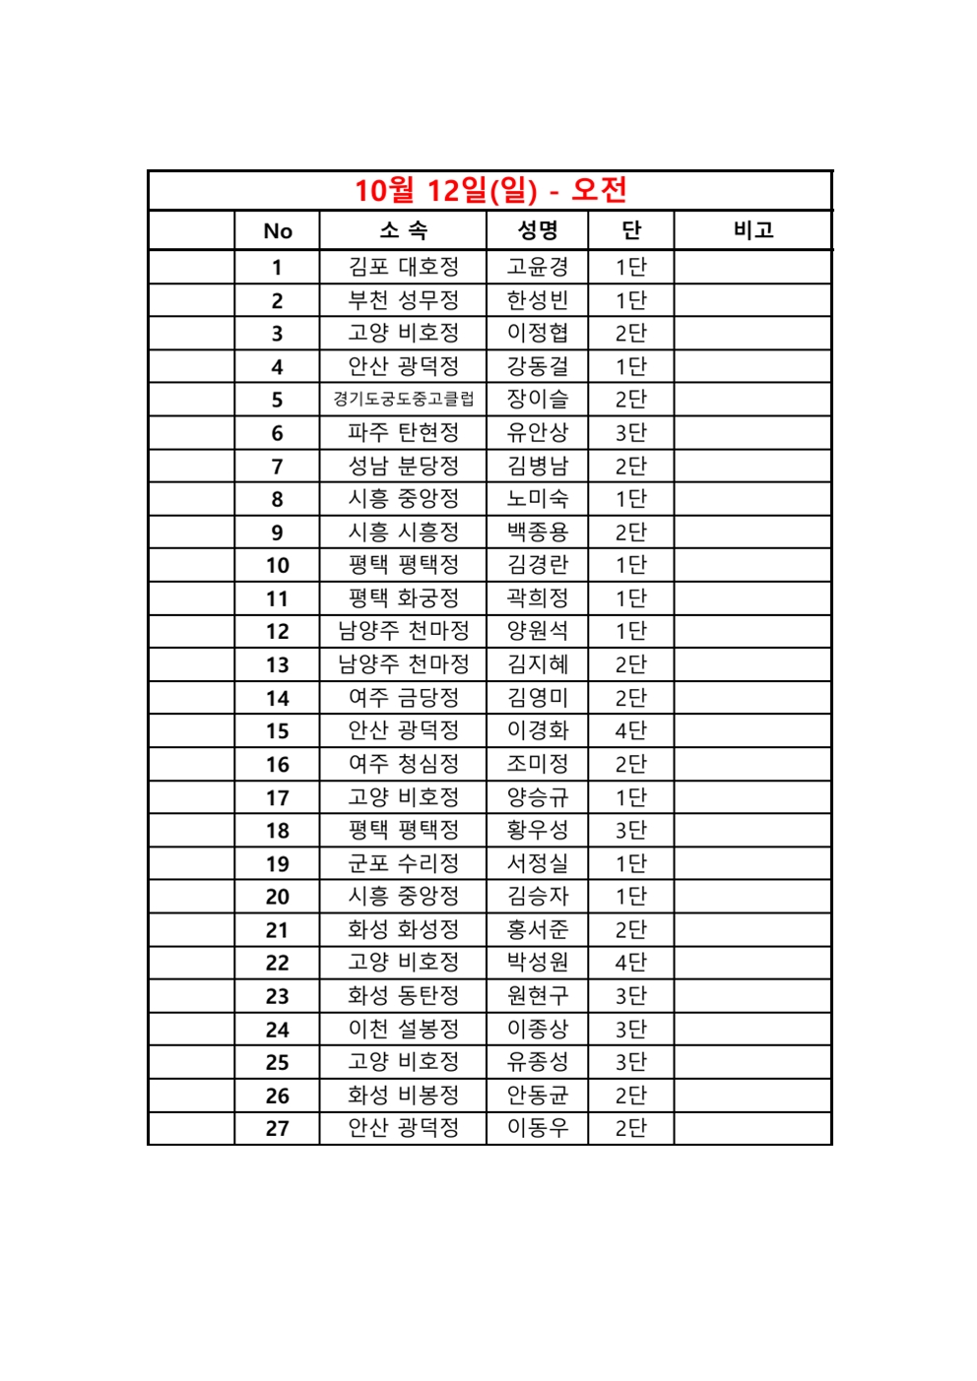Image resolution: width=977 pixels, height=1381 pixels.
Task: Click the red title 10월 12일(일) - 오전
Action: coord(489,190)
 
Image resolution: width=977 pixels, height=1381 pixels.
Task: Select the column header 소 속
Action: coord(403,230)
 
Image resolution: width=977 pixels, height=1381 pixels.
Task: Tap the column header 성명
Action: coord(537,230)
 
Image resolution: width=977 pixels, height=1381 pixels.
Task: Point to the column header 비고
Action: coord(752,230)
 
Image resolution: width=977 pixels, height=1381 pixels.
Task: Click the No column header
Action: coord(277,231)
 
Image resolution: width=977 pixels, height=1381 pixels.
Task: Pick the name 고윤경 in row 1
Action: coord(537,267)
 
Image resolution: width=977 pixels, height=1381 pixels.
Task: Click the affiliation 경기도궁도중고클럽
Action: coord(403,399)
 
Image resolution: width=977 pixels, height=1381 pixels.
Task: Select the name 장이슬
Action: coord(537,399)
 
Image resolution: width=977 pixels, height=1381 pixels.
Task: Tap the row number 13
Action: coord(277,664)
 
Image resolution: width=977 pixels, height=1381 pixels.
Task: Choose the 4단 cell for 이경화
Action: coord(630,730)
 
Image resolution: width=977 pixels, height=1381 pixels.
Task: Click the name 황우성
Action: coord(537,830)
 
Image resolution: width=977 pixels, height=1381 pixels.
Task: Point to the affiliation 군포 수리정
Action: coord(403,863)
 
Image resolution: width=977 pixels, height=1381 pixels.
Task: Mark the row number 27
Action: coord(277,1128)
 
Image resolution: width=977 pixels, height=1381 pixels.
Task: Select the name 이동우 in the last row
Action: coord(537,1128)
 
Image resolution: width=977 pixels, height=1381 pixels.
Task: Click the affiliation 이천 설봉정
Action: coord(403,1029)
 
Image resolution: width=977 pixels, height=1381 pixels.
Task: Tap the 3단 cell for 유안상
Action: coord(630,432)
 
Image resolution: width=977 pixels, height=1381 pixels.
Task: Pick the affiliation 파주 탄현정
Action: coord(403,432)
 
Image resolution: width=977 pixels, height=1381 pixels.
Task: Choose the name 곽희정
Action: coord(537,597)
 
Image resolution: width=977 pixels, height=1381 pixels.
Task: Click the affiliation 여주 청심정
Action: coord(403,764)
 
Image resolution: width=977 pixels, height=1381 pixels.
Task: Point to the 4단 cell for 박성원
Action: coord(630,963)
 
